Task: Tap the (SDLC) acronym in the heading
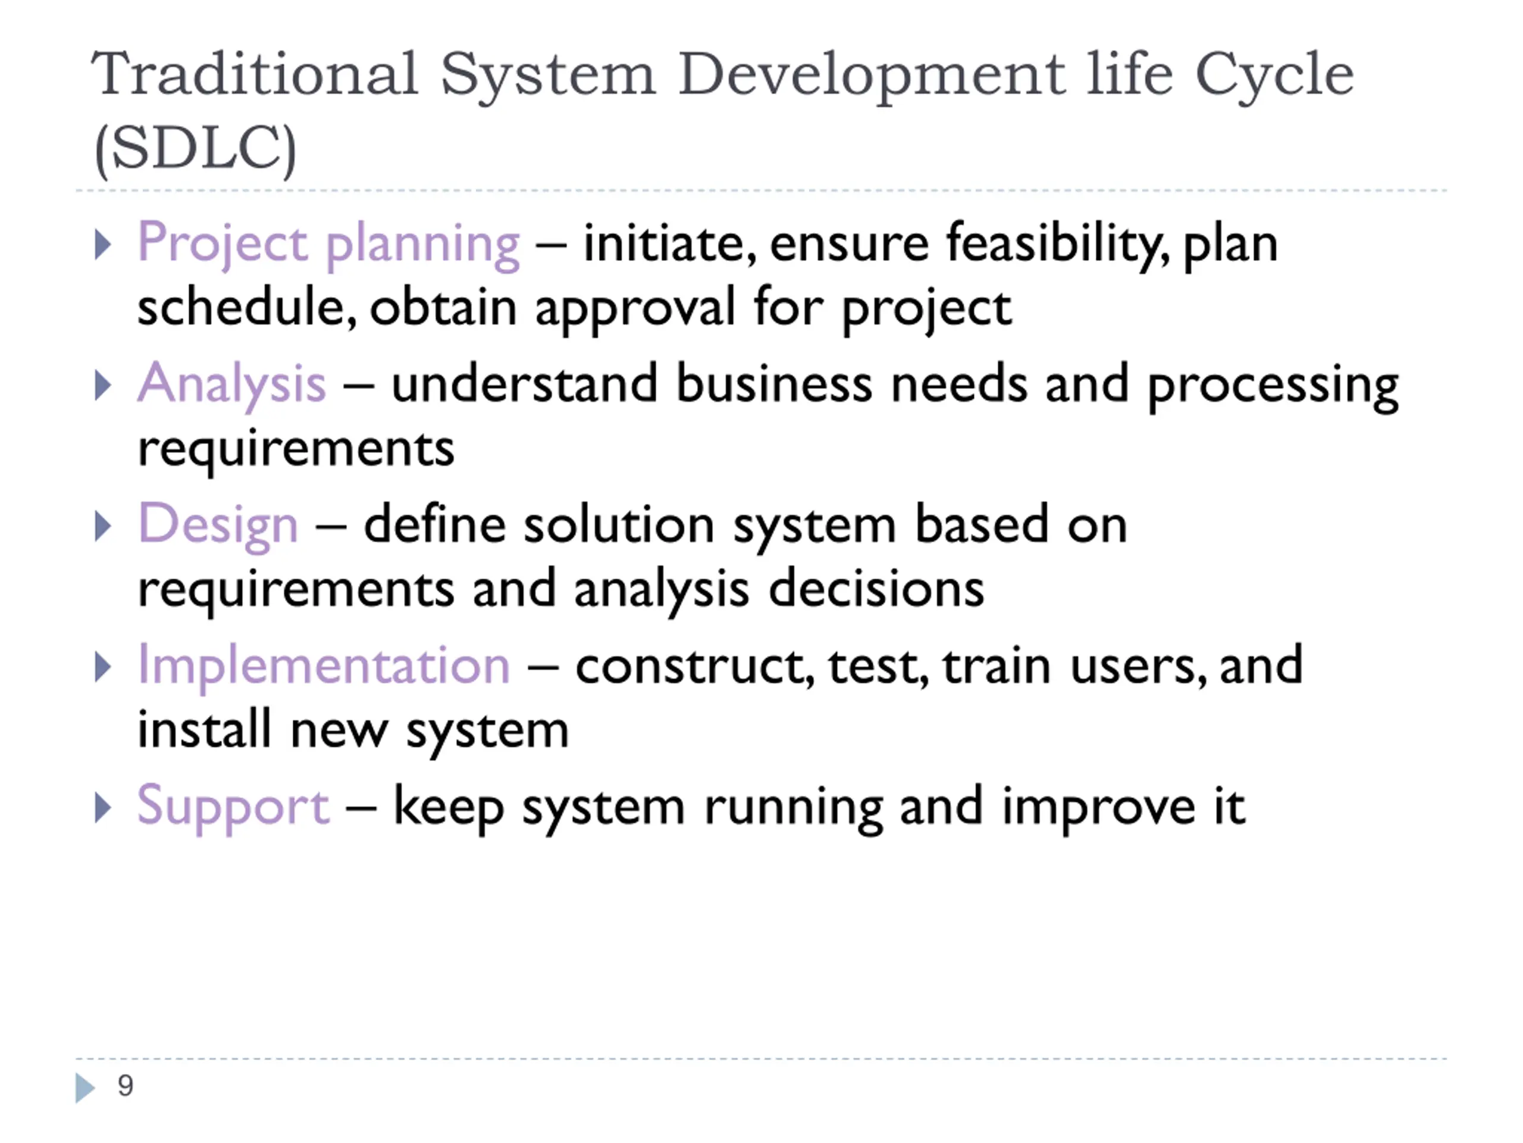pos(196,149)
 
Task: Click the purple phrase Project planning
pos(329,245)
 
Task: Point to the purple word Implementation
pos(324,666)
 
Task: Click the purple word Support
pos(233,807)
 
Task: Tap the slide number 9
pos(126,1086)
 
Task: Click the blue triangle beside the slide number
pos(84,1088)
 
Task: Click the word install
pos(205,730)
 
